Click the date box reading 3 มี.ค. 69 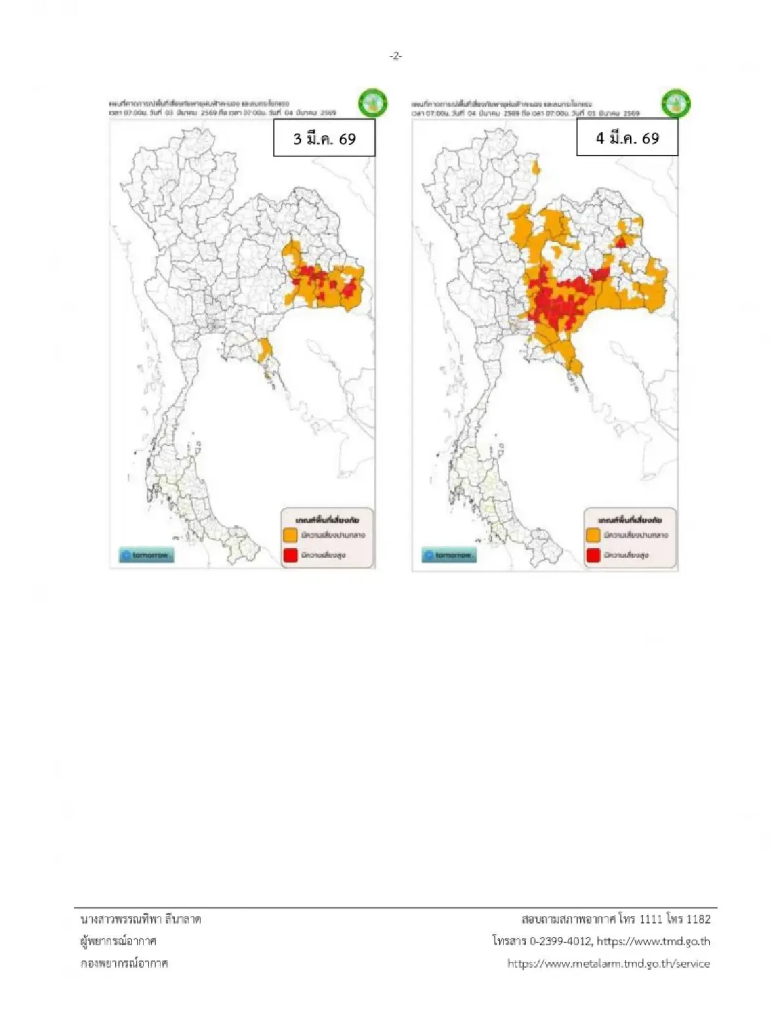coord(324,138)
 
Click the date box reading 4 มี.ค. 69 coord(627,137)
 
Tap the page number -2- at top coord(396,57)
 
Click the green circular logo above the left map coord(372,103)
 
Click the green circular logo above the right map coord(675,103)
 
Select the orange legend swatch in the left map coord(291,535)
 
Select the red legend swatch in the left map coord(291,555)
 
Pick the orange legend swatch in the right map coord(593,535)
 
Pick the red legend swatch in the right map coord(593,555)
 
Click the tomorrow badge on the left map coord(146,555)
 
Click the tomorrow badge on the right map coord(449,555)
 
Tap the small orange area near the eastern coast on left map coord(264,350)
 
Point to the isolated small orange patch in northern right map coord(536,168)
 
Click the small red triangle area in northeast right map coord(621,242)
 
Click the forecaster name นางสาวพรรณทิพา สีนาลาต coord(140,919)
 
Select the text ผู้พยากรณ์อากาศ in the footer coord(118,941)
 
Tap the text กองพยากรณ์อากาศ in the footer coord(124,963)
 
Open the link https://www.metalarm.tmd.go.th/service coord(608,963)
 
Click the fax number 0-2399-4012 coord(560,941)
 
